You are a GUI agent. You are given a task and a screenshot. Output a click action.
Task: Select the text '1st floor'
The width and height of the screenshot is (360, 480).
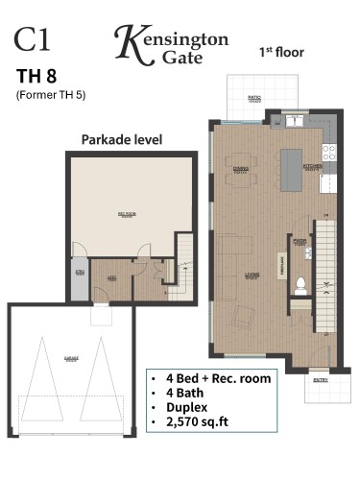(281, 52)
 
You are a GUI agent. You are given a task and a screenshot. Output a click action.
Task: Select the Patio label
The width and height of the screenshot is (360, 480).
(254, 97)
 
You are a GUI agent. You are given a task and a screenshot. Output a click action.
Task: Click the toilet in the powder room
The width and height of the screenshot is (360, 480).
(300, 283)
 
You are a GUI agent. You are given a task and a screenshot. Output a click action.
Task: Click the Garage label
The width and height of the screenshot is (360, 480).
(70, 356)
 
